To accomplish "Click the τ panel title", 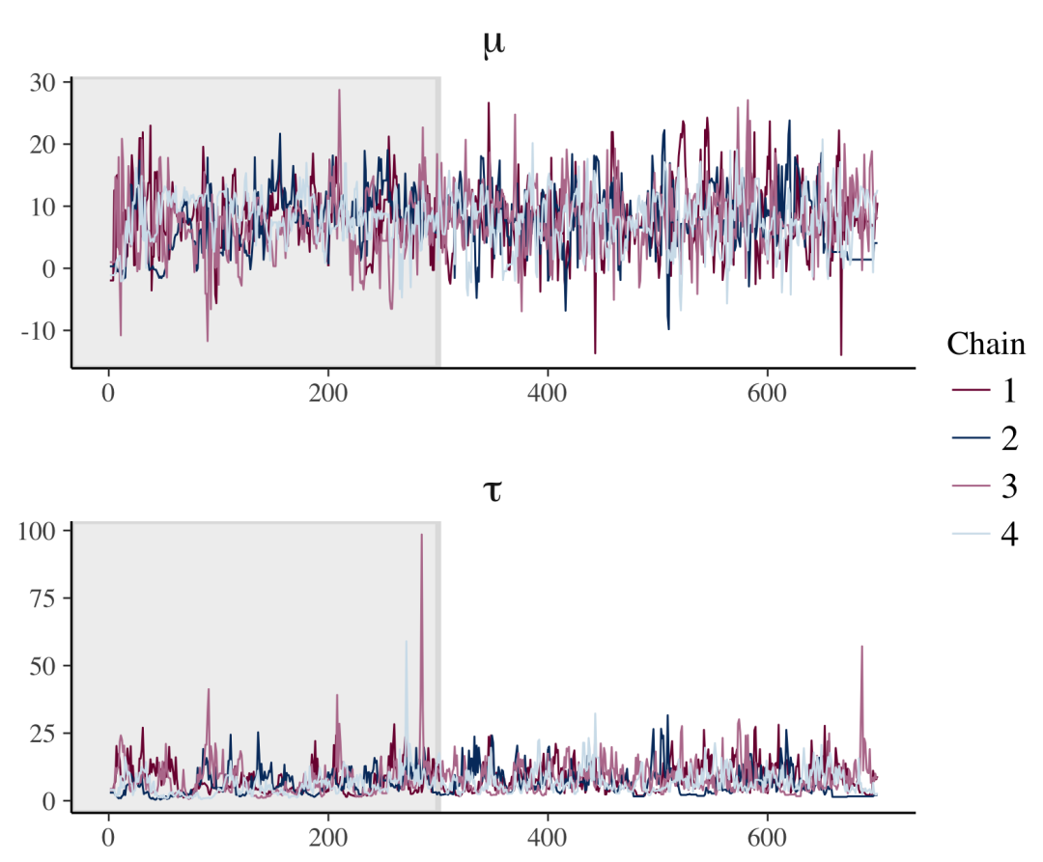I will pyautogui.click(x=492, y=492).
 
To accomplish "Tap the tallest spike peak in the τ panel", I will pyautogui.click(x=421, y=535).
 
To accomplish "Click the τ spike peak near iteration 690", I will pyautogui.click(x=861, y=647).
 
